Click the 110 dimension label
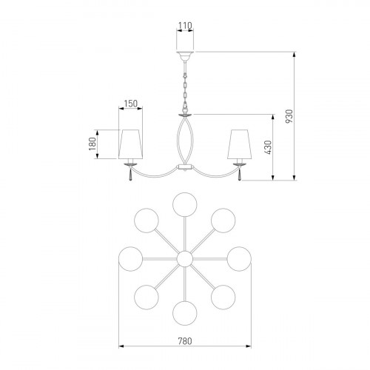(x=185, y=25)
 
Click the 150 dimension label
(x=130, y=104)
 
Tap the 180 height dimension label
(x=92, y=144)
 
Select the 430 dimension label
(x=268, y=147)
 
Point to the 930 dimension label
(x=289, y=116)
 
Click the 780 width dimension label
(x=185, y=341)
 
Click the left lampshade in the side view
(x=130, y=144)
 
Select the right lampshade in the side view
(x=240, y=144)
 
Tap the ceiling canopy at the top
(x=185, y=56)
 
